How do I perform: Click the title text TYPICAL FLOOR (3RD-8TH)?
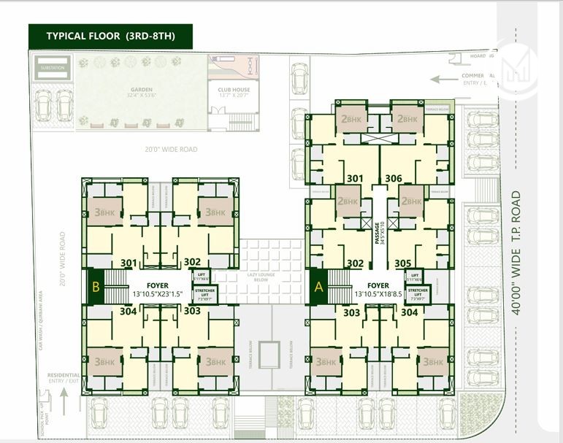(x=111, y=36)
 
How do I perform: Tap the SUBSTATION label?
(x=53, y=68)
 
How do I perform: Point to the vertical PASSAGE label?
(x=378, y=231)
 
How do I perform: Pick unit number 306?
(x=394, y=179)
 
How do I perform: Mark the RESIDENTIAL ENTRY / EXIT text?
(x=64, y=378)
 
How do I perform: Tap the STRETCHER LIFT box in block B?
(x=203, y=294)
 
